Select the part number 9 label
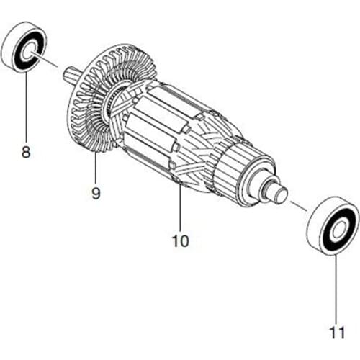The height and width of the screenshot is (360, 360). pos(95,193)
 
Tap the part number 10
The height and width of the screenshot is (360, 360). pos(180,240)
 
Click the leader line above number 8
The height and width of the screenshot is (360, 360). pos(27,108)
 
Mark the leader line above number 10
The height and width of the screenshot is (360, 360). pos(180,209)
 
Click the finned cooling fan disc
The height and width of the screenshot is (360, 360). pos(86,108)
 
